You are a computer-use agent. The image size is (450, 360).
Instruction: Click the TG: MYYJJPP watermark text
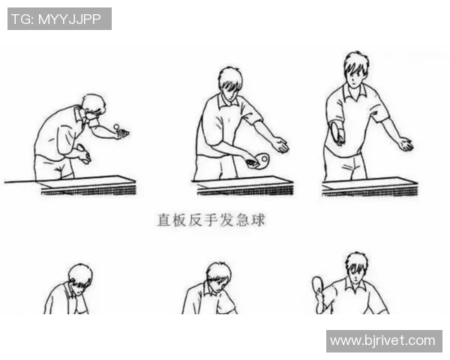59,19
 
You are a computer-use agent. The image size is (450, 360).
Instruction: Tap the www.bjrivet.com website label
383,340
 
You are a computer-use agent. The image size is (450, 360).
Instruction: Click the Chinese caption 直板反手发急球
211,220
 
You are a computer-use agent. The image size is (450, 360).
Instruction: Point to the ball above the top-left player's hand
117,124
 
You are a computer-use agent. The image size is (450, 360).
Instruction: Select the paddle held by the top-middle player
262,160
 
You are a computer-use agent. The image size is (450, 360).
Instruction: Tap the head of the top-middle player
230,80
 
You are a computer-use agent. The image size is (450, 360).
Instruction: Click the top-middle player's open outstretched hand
280,145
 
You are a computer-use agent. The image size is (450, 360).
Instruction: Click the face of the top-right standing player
355,72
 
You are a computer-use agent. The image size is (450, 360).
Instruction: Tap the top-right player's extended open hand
405,144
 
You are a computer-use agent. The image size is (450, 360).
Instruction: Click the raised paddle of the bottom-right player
319,286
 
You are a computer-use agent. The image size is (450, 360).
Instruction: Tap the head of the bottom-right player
355,266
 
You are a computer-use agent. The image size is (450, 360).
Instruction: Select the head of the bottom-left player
79,276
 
